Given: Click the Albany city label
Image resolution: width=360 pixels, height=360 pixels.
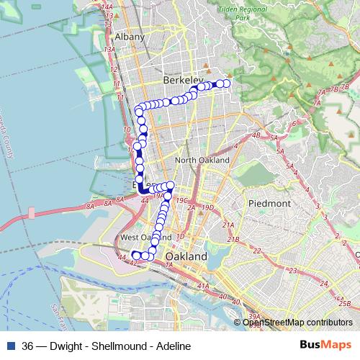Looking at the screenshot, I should (x=130, y=37).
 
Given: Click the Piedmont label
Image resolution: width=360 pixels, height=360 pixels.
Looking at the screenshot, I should (x=269, y=204).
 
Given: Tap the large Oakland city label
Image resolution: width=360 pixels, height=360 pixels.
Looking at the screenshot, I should (x=186, y=256).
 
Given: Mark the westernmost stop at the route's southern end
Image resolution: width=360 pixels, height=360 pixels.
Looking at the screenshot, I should (x=135, y=254).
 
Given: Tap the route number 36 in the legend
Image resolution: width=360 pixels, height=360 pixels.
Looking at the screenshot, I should (x=28, y=346).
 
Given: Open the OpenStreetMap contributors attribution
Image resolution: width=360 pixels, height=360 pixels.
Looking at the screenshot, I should (x=297, y=322).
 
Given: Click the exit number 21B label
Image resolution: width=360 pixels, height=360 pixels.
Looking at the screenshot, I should (x=233, y=239).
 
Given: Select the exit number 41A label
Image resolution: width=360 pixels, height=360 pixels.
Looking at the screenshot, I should (x=204, y=287).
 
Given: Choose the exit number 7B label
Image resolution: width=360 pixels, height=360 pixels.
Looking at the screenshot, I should (x=333, y=89).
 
